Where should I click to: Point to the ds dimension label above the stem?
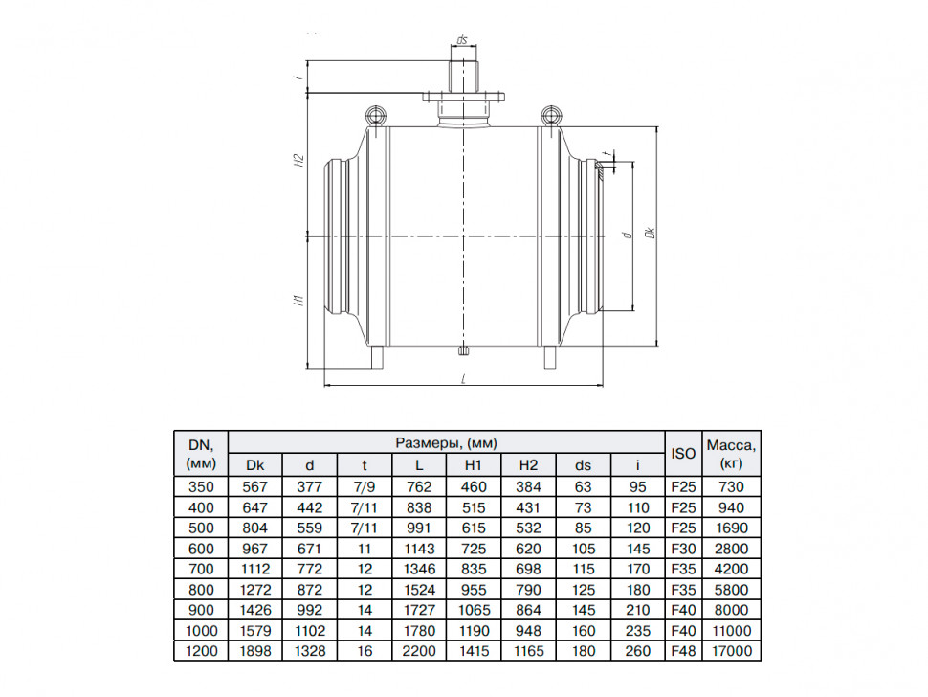(462, 39)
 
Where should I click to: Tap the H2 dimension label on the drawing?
(300, 160)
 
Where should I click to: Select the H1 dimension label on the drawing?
(299, 300)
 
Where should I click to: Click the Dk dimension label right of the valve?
(651, 232)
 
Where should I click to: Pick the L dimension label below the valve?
(463, 379)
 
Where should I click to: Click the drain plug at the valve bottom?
(464, 351)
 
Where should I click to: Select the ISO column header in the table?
(683, 454)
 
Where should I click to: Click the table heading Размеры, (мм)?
(446, 442)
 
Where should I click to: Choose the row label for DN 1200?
(201, 651)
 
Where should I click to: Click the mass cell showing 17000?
(732, 651)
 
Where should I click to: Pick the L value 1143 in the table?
(419, 549)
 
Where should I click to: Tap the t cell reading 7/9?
(365, 486)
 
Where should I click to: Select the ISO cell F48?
(683, 651)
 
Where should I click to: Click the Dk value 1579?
(255, 631)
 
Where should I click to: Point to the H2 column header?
(528, 465)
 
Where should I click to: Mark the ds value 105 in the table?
(583, 549)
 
